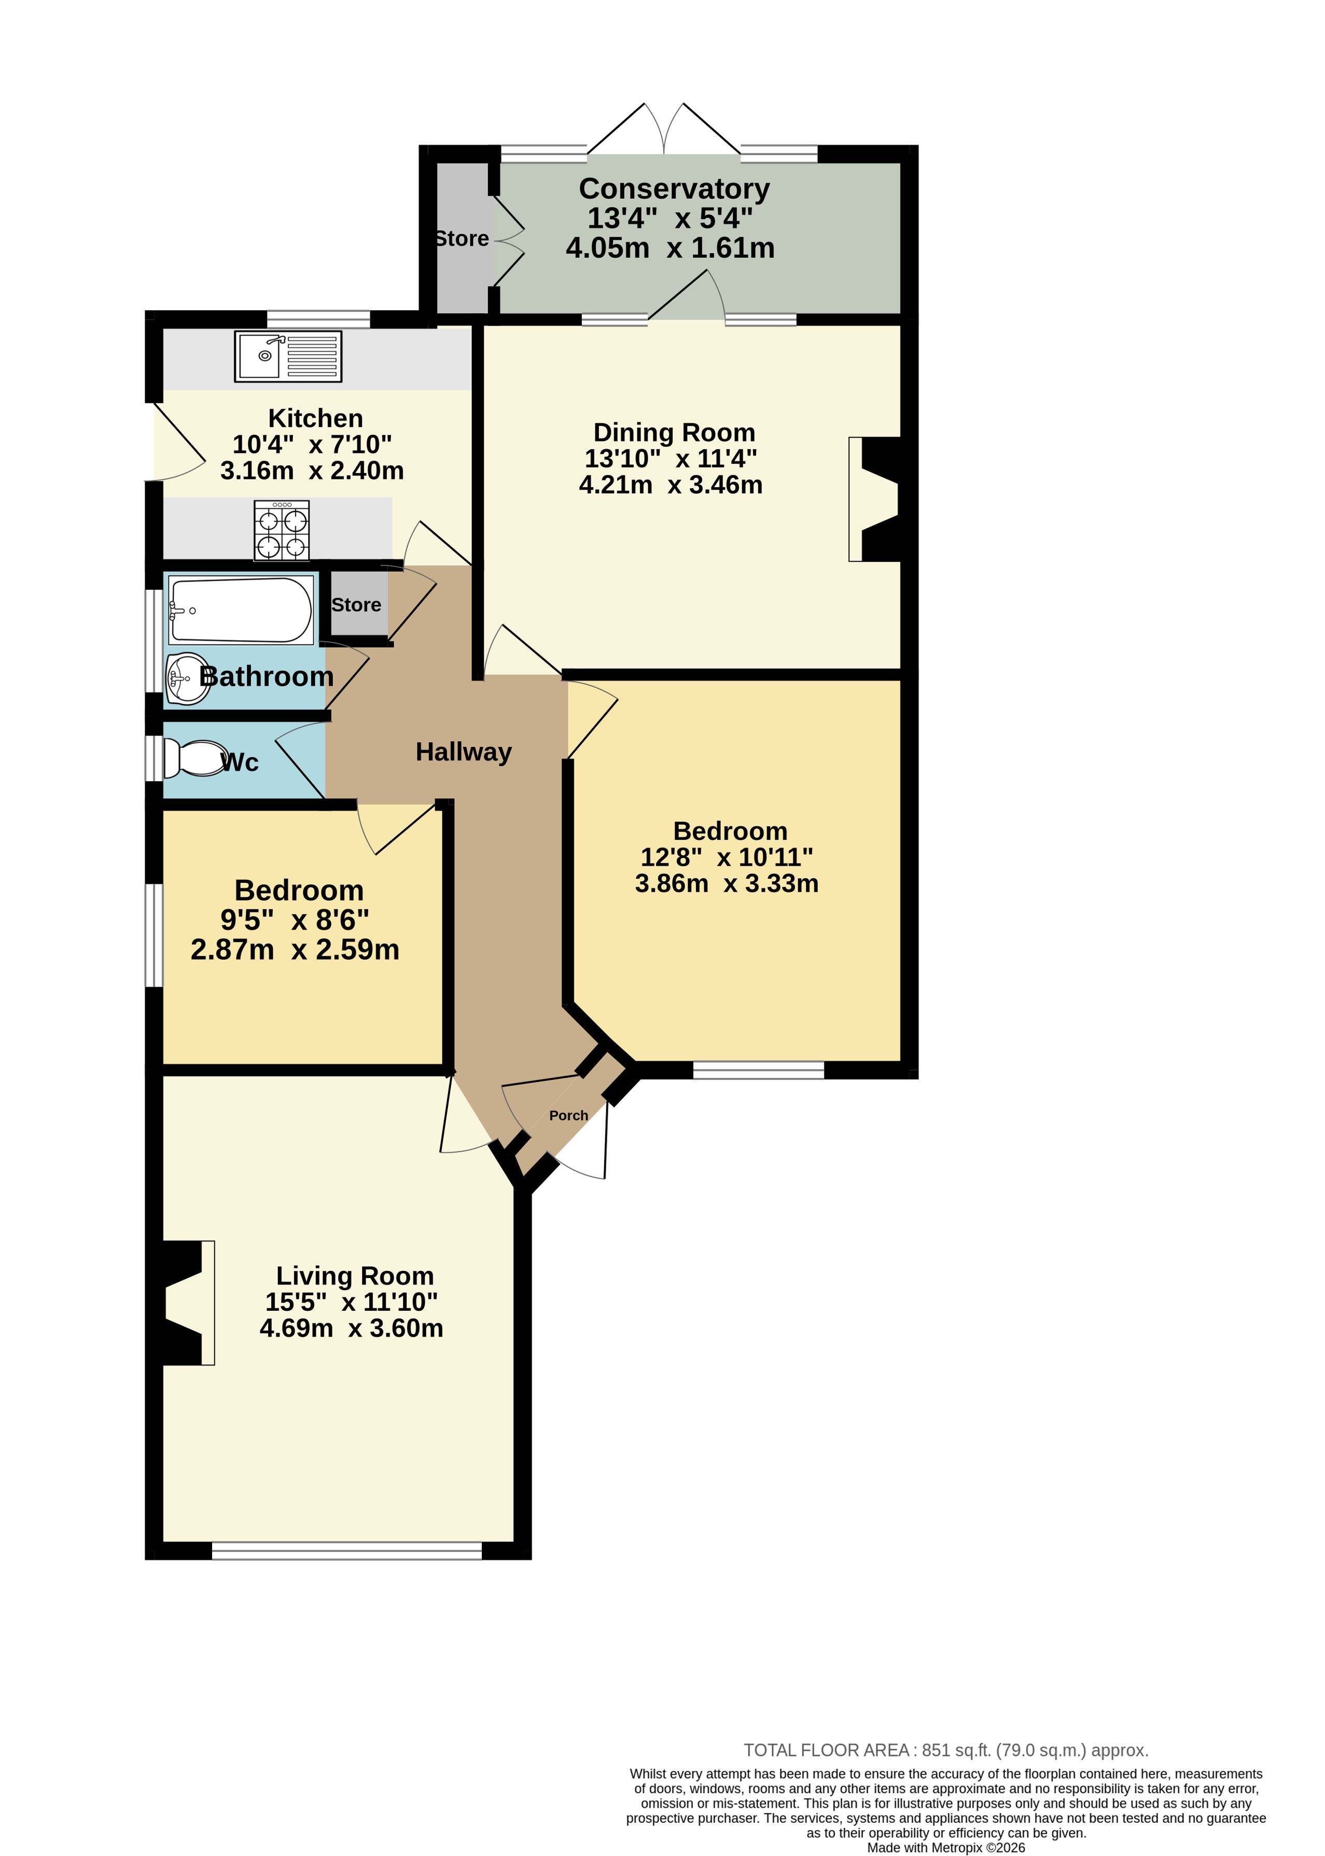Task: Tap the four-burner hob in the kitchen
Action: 282,531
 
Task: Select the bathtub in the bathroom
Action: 241,610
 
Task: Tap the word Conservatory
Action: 674,188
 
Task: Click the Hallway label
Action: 464,752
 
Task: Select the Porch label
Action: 569,1115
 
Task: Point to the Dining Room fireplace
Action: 875,500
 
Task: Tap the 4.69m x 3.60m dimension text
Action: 352,1328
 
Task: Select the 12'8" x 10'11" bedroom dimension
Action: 727,857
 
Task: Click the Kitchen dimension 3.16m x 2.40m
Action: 312,471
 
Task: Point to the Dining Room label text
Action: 674,432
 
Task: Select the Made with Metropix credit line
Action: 945,1848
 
